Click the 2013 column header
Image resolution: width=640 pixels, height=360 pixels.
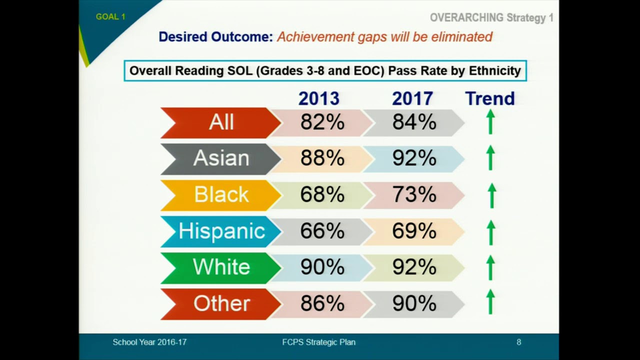point(318,98)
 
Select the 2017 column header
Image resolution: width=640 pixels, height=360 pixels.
point(412,98)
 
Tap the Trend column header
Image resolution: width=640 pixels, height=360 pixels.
point(489,98)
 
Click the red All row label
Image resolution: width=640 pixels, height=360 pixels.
point(220,122)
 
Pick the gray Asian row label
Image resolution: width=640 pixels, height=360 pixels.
point(220,158)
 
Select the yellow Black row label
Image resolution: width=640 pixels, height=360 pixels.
point(220,194)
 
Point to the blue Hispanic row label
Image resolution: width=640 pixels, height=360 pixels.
point(221,231)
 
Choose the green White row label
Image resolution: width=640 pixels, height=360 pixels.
point(220,267)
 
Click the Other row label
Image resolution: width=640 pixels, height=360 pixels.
point(220,303)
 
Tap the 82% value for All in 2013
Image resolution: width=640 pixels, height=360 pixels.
point(322,122)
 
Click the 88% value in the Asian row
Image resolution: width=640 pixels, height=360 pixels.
point(322,158)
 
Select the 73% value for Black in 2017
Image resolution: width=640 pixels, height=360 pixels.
point(414,194)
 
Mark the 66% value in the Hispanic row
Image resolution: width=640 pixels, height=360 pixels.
point(322,231)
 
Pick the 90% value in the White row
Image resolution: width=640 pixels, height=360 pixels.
point(322,267)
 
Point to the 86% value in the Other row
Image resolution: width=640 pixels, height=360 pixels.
point(322,303)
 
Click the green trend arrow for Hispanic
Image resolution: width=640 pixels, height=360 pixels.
point(491,232)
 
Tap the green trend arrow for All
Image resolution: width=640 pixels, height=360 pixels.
point(491,122)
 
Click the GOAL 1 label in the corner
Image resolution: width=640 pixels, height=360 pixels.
point(110,16)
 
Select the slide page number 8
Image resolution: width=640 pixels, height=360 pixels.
point(518,342)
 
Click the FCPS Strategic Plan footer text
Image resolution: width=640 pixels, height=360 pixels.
point(318,342)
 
